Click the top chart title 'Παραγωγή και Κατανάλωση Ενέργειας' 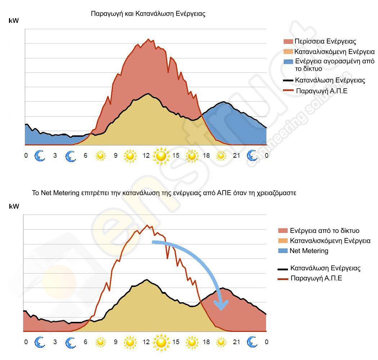(148, 14)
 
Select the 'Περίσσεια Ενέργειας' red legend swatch (288, 41)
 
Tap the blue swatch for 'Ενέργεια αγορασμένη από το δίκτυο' (288, 62)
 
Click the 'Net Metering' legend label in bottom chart (309, 251)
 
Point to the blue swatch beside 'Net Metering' (283, 251)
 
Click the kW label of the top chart (14, 21)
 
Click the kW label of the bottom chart (14, 207)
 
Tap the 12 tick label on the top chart (146, 156)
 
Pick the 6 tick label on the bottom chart (85, 342)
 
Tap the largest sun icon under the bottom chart (161, 342)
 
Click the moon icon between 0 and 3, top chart (40, 156)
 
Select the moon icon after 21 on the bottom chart (252, 342)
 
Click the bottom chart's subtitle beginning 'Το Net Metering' (164, 193)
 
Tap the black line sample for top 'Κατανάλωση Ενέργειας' (288, 80)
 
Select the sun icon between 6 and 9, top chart (100, 156)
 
